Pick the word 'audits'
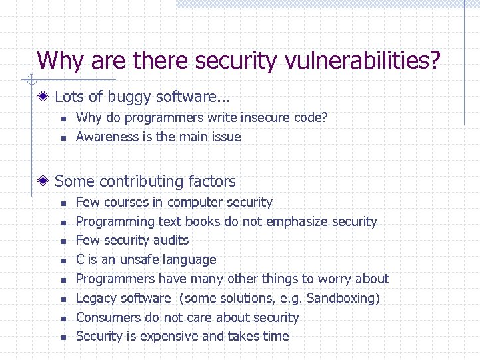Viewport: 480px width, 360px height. pos(171,240)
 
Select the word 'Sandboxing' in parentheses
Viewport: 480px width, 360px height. pos(341,298)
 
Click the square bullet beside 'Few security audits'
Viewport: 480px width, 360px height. pos(60,241)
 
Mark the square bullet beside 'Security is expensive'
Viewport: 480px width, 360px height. pos(60,337)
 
